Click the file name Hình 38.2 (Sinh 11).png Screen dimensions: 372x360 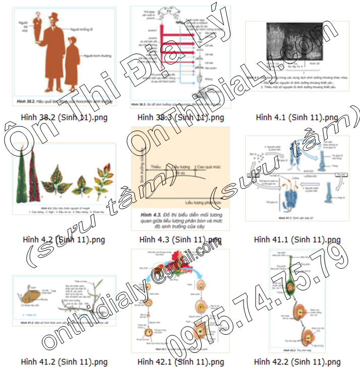pyautogui.click(x=64, y=117)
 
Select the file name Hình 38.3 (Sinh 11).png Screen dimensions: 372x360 pyautogui.click(x=181, y=117)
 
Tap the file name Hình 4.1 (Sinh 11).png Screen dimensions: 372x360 pyautogui.click(x=297, y=117)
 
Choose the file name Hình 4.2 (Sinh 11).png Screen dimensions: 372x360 pyautogui.click(x=64, y=239)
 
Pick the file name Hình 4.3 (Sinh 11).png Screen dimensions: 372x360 pyautogui.click(x=181, y=239)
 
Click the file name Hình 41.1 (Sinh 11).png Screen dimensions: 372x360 pyautogui.click(x=297, y=239)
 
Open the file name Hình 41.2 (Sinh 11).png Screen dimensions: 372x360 pyautogui.click(x=64, y=361)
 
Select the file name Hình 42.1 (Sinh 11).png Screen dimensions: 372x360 pyautogui.click(x=181, y=361)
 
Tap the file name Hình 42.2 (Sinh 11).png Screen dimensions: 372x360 pyautogui.click(x=297, y=361)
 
